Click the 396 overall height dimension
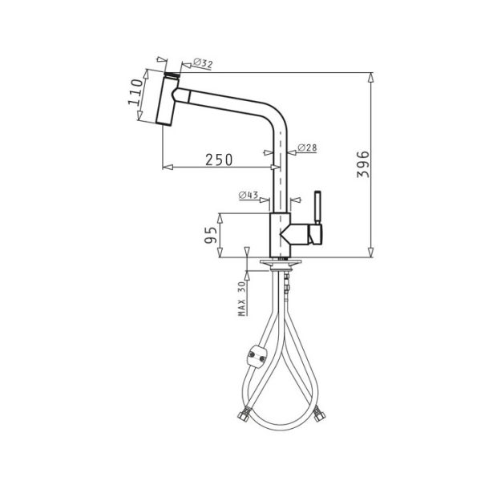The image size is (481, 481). (363, 164)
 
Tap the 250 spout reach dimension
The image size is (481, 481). (219, 160)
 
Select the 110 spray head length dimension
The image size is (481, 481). (135, 91)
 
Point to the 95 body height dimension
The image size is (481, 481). (211, 235)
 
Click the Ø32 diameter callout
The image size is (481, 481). (203, 63)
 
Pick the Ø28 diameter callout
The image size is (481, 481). (307, 148)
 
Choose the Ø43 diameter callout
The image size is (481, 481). (249, 195)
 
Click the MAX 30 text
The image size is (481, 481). (242, 299)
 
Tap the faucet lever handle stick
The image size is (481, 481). (317, 208)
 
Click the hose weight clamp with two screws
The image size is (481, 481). (257, 357)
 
